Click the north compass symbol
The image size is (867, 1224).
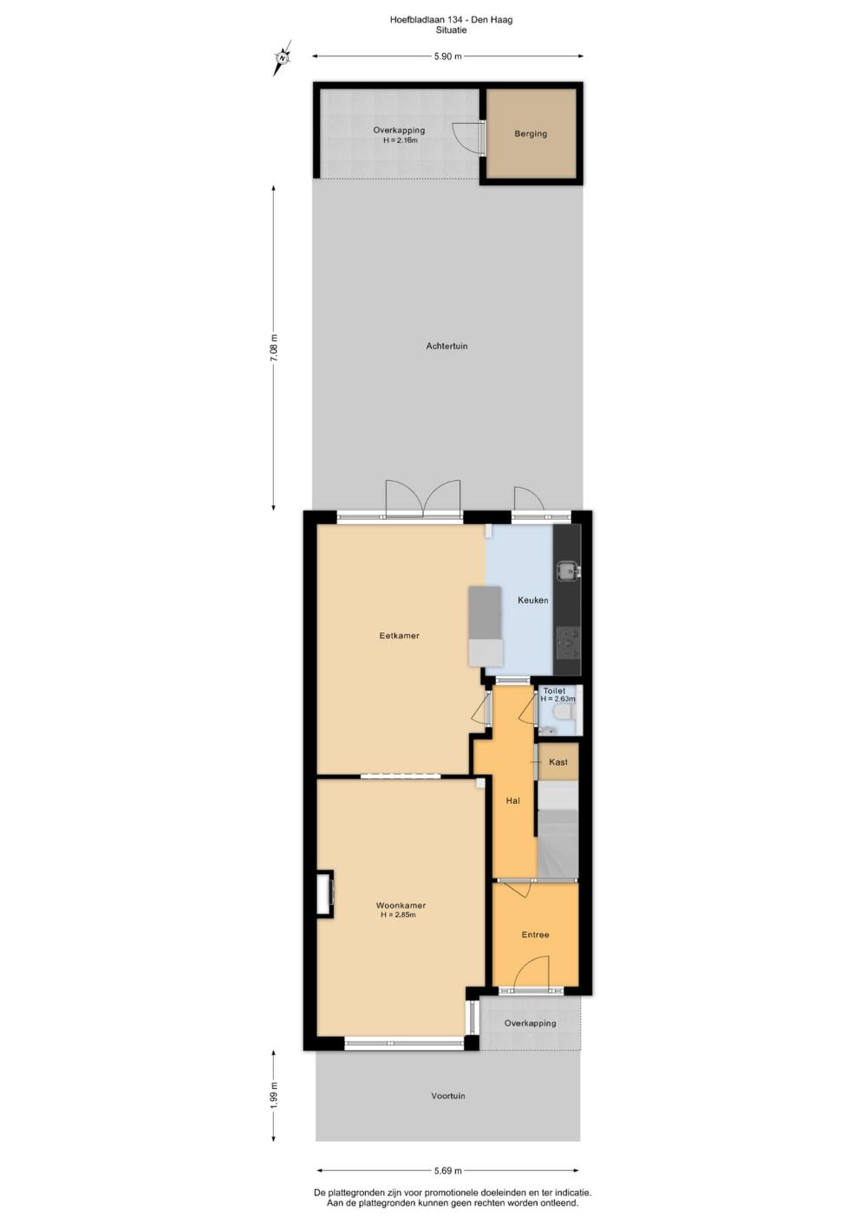pyautogui.click(x=283, y=57)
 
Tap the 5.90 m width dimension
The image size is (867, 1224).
pyautogui.click(x=448, y=55)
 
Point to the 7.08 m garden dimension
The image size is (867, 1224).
pyautogui.click(x=274, y=347)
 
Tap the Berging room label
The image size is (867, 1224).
pyautogui.click(x=531, y=133)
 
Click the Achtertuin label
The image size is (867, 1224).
pyautogui.click(x=447, y=346)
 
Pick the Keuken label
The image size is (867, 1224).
pyautogui.click(x=533, y=600)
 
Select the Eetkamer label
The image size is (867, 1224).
pyautogui.click(x=400, y=636)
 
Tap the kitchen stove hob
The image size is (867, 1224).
pyautogui.click(x=568, y=643)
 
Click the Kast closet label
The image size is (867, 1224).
pyautogui.click(x=558, y=761)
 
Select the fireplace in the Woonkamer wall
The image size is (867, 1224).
pyautogui.click(x=325, y=893)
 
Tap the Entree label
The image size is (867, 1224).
pyautogui.click(x=535, y=935)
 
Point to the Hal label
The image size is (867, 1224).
pyautogui.click(x=513, y=801)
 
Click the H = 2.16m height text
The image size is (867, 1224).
pyautogui.click(x=400, y=139)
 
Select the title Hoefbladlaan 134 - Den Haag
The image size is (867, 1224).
pyautogui.click(x=452, y=20)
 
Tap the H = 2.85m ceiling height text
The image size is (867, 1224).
pyautogui.click(x=399, y=915)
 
